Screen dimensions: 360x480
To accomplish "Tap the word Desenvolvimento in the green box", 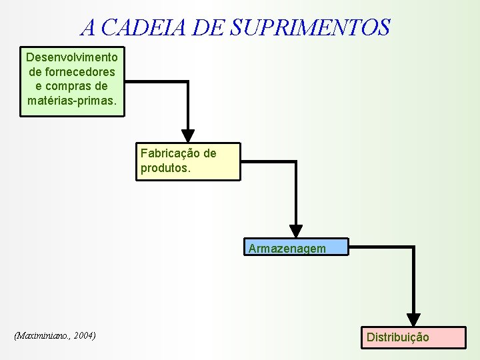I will click(72, 57).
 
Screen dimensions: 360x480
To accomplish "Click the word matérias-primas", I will click(72, 101).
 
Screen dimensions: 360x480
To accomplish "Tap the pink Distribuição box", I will click(414, 337).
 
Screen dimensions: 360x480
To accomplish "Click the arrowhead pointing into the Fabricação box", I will click(189, 135).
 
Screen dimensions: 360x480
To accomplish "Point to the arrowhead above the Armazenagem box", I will click(296, 231).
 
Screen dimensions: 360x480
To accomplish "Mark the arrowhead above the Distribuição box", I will click(414, 319).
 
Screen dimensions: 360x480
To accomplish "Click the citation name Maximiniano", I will click(44, 335).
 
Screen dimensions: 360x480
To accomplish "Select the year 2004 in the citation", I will click(84, 335).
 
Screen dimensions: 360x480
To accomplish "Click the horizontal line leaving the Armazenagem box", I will click(380, 247).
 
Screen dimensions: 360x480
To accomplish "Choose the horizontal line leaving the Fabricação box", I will click(267, 161).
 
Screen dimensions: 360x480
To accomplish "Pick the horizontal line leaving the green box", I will click(157, 82).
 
